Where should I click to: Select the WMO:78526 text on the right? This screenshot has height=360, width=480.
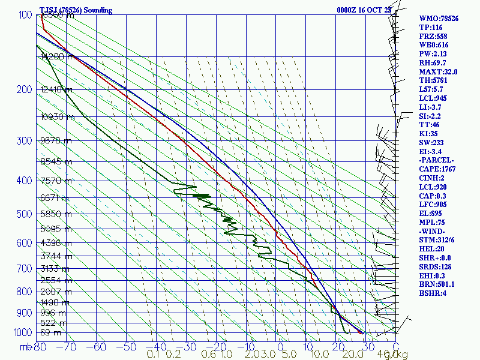pyautogui.click(x=439, y=19)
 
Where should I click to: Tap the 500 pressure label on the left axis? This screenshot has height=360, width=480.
pyautogui.click(x=24, y=214)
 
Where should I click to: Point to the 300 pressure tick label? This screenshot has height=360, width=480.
pyautogui.click(x=24, y=141)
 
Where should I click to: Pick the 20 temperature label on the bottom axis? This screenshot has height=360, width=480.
pyautogui.click(x=338, y=346)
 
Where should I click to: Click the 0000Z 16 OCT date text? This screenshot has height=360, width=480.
pyautogui.click(x=364, y=10)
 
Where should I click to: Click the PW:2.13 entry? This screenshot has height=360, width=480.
pyautogui.click(x=433, y=54)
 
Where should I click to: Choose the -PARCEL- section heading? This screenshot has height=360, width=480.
pyautogui.click(x=437, y=160)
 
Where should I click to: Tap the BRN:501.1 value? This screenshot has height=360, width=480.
pyautogui.click(x=438, y=284)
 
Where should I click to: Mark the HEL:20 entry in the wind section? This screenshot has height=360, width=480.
pyautogui.click(x=431, y=249)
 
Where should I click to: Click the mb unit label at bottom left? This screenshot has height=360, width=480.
pyautogui.click(x=26, y=346)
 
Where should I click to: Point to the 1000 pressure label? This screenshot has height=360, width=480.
pyautogui.click(x=22, y=332)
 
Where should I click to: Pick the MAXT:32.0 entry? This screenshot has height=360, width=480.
pyautogui.click(x=439, y=71)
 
